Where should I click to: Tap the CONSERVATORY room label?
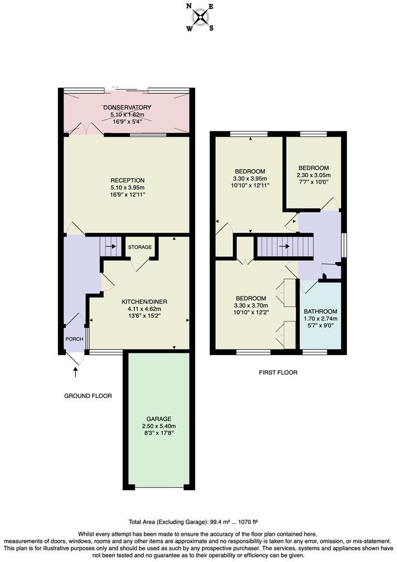[127, 108]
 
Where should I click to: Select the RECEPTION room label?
[127, 180]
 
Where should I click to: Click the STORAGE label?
[139, 247]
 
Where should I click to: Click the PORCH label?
[74, 338]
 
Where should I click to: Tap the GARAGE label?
[159, 419]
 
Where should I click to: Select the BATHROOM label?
[321, 312]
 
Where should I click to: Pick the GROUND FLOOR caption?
[88, 396]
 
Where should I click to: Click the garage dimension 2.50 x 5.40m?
[159, 427]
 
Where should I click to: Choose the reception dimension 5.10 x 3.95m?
[127, 188]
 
